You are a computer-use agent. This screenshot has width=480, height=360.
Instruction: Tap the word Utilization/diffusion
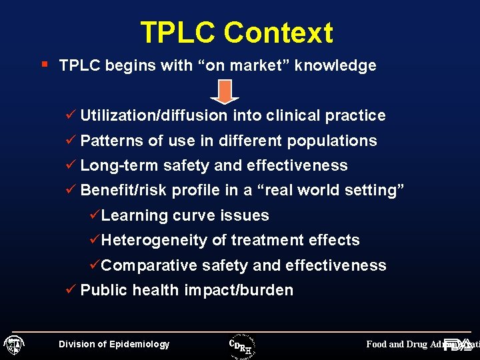(154, 115)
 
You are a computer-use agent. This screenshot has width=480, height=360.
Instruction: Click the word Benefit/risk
(124, 190)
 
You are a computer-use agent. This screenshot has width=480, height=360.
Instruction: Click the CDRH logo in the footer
(242, 344)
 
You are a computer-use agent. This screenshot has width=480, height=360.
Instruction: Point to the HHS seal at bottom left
(13, 345)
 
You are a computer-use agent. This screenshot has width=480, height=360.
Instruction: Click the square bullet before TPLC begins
(44, 65)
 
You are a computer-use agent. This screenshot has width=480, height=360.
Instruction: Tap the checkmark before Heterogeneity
(95, 240)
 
